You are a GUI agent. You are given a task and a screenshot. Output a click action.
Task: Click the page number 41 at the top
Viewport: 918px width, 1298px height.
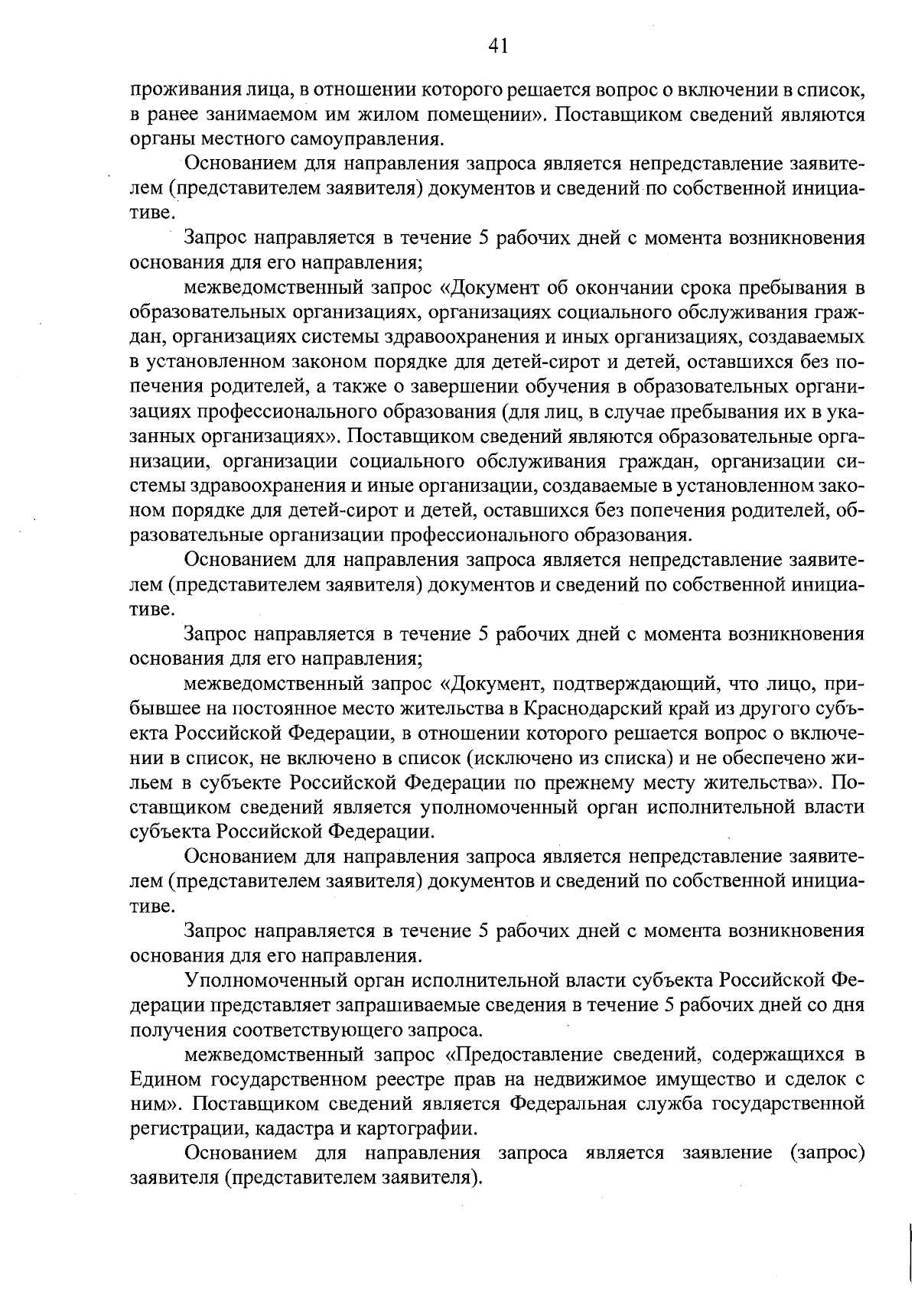point(497,47)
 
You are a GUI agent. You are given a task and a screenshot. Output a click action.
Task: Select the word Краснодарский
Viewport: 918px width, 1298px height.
point(581,708)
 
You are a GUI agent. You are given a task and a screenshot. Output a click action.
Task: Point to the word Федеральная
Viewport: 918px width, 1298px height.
point(563,1104)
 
